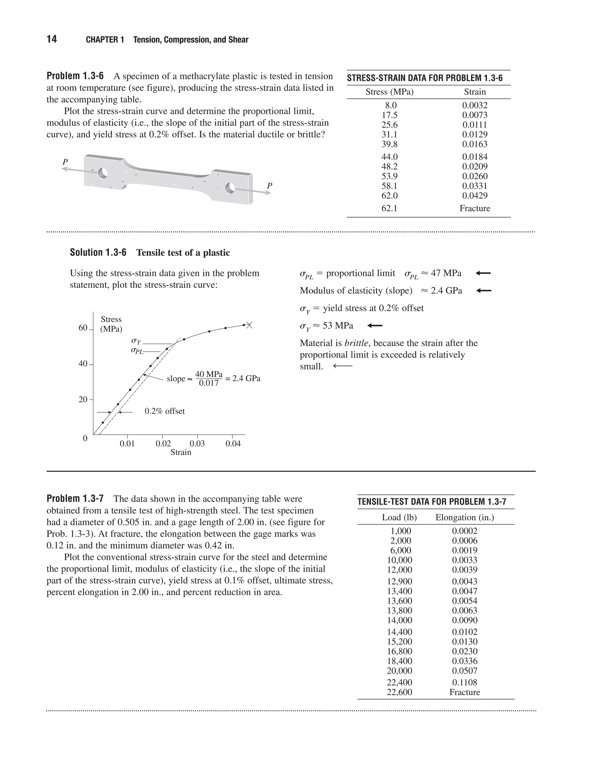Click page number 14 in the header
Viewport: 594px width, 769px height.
[52, 39]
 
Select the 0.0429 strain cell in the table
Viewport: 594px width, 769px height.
[475, 196]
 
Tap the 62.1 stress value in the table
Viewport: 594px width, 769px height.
[389, 208]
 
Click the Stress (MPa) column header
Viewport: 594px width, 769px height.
[389, 92]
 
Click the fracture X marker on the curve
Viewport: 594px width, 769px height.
[249, 325]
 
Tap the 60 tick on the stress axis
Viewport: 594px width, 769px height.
[83, 328]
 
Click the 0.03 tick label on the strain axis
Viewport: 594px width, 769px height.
[197, 444]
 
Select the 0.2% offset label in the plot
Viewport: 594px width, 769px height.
[165, 411]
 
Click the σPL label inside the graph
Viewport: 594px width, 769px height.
[137, 351]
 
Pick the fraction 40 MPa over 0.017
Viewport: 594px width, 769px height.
[209, 378]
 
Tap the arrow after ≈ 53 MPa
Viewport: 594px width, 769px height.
[375, 326]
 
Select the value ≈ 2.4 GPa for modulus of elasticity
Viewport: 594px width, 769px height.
[442, 291]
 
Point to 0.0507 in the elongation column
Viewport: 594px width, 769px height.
[465, 671]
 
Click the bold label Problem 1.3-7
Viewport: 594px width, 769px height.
[75, 499]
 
